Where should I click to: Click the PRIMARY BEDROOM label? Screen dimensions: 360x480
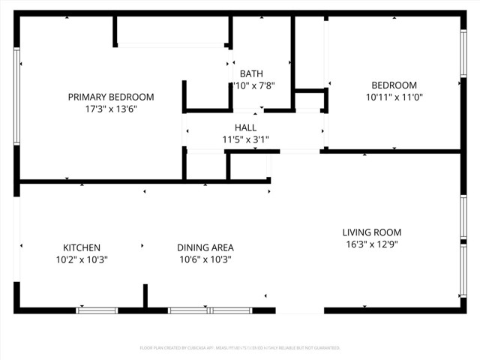[x=111, y=97]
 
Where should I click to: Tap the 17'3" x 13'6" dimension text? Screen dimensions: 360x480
[x=111, y=109]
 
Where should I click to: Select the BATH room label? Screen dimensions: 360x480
[x=251, y=73]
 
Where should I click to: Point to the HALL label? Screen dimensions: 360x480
[x=245, y=127]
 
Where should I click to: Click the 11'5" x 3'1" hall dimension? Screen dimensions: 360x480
[x=245, y=139]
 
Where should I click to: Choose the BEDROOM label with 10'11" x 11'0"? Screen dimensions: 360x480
[x=394, y=85]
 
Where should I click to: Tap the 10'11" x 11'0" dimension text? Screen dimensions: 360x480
[x=394, y=97]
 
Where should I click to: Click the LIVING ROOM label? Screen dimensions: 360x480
[x=372, y=232]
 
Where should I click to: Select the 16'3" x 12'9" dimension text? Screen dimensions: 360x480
[x=372, y=244]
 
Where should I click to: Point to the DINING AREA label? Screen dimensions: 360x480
[x=205, y=247]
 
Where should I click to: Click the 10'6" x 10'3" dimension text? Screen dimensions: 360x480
[x=205, y=259]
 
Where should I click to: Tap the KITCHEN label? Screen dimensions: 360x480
[x=81, y=247]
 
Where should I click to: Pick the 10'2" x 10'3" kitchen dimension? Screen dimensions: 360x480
[x=81, y=259]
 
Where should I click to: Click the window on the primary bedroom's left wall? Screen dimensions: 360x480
[x=16, y=96]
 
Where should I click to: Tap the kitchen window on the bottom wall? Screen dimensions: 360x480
[x=97, y=310]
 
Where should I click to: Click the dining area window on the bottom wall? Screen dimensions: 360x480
[x=210, y=310]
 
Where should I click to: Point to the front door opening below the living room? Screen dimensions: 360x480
[x=300, y=310]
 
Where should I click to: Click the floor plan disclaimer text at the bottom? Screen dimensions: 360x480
[x=240, y=348]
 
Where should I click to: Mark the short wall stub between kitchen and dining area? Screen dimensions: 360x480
[x=145, y=295]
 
